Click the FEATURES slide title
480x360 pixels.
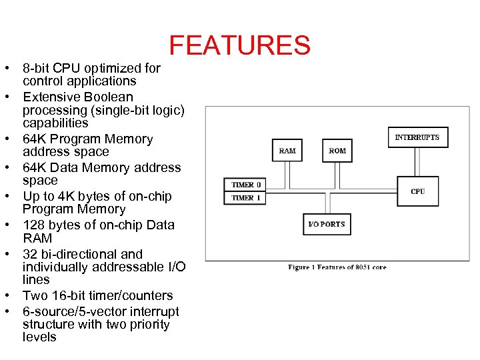click(239, 45)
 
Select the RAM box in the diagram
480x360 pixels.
click(287, 151)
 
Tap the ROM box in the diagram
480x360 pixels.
click(337, 151)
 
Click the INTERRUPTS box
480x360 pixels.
click(417, 137)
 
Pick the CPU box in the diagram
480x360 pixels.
click(418, 191)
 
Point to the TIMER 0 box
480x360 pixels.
click(246, 185)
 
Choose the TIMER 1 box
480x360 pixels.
click(246, 198)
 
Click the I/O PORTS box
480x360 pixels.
click(326, 224)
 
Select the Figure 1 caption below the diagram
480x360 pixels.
click(337, 267)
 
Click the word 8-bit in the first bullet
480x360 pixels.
click(36, 68)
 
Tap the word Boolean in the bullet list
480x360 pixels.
click(109, 97)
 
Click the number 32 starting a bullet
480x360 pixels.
click(30, 254)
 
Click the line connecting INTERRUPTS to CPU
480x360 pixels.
click(417, 162)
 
